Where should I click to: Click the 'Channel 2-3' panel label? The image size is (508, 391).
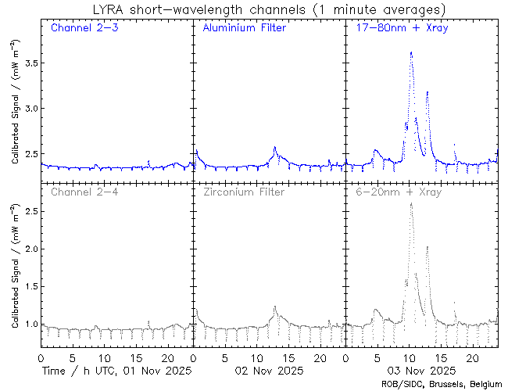click(81, 28)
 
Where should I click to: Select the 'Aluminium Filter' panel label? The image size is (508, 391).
click(244, 28)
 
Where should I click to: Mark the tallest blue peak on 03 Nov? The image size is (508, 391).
click(411, 52)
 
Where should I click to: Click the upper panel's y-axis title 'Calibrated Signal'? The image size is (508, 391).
click(16, 117)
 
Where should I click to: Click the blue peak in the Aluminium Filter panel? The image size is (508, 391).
click(275, 146)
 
